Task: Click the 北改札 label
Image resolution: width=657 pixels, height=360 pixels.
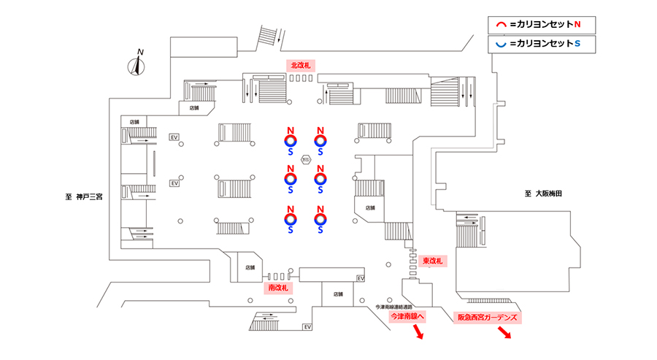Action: [300, 65]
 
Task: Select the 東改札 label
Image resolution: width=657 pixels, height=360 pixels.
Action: [433, 261]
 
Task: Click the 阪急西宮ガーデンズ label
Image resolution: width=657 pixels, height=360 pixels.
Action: [487, 318]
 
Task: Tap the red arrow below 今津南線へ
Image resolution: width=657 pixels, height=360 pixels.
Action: [419, 334]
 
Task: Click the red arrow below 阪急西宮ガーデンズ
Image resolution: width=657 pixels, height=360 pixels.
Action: [504, 334]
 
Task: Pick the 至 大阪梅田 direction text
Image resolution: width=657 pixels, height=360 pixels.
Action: [546, 194]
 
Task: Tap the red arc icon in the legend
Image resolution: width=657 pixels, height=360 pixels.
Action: [501, 24]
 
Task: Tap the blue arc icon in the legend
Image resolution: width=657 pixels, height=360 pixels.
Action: [501, 45]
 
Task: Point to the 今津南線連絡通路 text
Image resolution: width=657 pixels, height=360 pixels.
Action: [394, 307]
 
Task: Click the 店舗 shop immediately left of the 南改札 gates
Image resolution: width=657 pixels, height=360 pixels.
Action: [250, 267]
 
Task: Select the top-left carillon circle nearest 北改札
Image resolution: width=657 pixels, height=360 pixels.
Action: [291, 140]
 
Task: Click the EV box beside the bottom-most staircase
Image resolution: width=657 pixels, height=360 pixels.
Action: [307, 326]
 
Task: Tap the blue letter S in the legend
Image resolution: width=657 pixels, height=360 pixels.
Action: [577, 45]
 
